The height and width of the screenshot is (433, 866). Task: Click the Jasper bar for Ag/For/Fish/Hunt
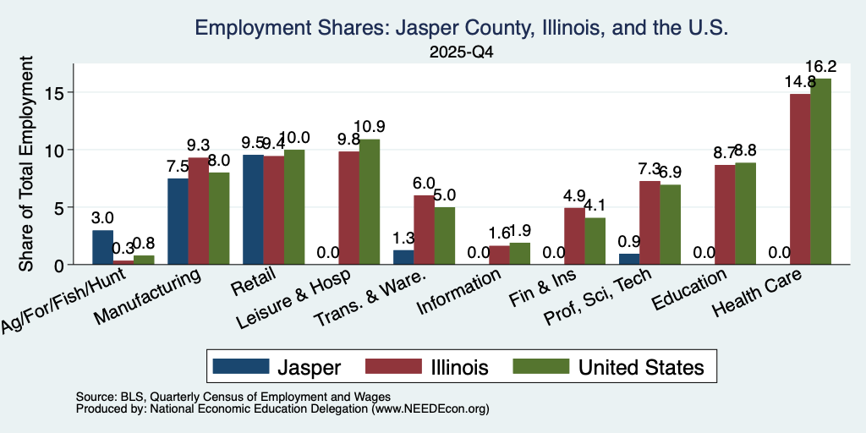point(102,248)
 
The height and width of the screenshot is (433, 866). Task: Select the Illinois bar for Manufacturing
point(199,211)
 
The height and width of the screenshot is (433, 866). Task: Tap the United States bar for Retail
point(294,207)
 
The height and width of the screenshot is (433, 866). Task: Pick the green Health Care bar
point(820,172)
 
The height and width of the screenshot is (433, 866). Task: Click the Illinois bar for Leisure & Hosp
point(349,208)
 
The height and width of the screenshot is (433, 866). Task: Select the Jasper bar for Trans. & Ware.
point(403,257)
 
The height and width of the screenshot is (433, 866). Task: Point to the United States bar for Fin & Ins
point(595,241)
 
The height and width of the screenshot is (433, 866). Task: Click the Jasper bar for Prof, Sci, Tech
point(629,259)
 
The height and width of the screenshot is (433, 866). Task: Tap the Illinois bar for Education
point(725,215)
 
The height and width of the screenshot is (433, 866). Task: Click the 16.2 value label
point(820,67)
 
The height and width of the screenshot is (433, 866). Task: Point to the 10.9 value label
point(370,127)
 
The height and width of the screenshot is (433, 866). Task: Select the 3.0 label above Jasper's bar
point(102,219)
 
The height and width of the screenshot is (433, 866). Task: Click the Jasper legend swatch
point(241,366)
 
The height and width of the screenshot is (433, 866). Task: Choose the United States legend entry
point(609,367)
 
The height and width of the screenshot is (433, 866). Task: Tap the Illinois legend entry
point(427,367)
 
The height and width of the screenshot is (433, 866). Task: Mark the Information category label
point(459,292)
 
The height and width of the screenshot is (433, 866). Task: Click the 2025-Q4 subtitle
point(461,52)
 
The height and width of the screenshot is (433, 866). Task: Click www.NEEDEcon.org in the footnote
point(430,409)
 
